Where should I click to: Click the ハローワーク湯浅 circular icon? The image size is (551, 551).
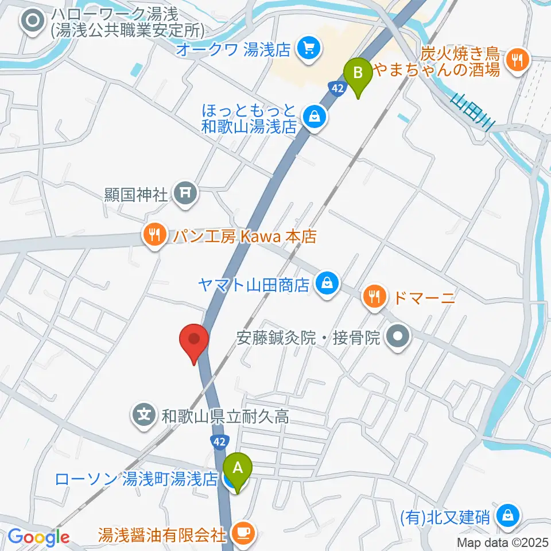[32, 21]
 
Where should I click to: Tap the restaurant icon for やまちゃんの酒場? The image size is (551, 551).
[518, 59]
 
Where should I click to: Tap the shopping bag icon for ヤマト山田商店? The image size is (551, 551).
[327, 284]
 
